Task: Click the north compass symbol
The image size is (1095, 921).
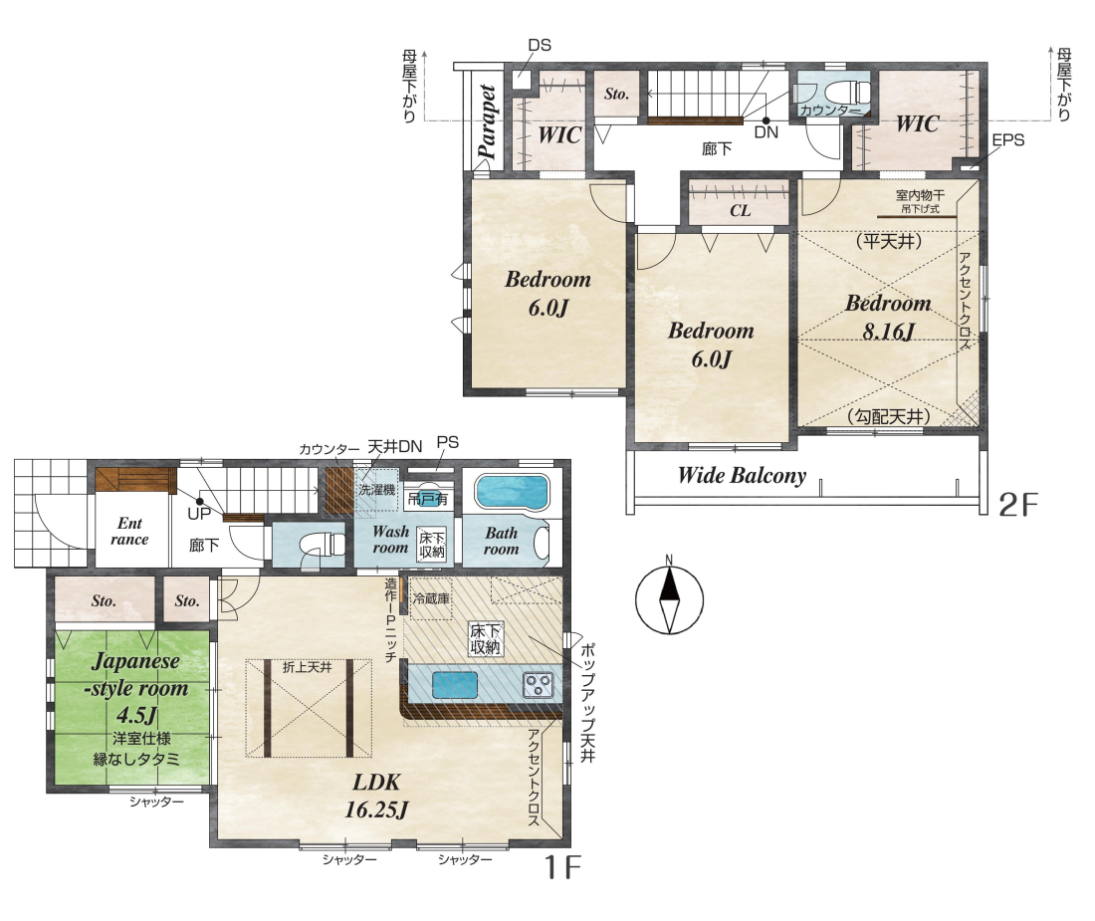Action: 669,598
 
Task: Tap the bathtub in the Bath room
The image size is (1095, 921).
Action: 512,492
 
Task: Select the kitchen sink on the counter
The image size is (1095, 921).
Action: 455,684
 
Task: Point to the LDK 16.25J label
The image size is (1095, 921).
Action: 376,796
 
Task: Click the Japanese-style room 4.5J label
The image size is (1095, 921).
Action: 136,687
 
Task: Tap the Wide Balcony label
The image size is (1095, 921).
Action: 742,476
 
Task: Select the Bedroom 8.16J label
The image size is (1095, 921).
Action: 888,317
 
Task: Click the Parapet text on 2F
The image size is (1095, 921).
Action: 487,121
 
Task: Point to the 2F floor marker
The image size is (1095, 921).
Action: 1019,504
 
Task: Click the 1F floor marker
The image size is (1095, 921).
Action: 562,867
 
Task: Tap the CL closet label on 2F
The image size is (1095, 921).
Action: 741,210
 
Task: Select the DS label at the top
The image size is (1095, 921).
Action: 540,46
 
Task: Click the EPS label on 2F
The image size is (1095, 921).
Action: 1007,139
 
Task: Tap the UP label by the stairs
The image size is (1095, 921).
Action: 199,514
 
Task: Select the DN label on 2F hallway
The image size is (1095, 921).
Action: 766,132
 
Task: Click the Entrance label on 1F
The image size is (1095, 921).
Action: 129,531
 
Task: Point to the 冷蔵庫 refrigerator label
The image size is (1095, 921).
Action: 431,598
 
